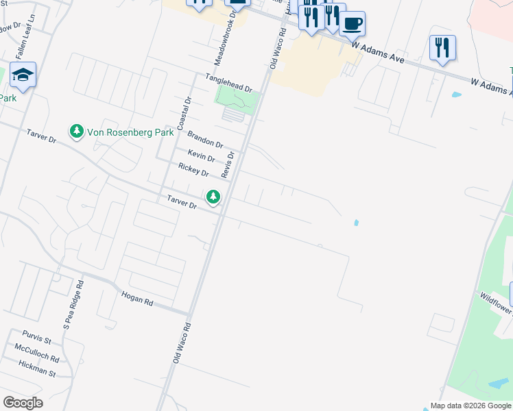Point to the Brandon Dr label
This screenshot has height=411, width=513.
tap(205, 140)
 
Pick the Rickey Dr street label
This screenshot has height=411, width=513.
tap(193, 169)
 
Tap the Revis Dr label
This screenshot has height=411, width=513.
tap(230, 164)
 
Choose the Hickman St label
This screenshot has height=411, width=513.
tap(37, 369)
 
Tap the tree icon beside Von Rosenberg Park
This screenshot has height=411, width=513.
tap(76, 130)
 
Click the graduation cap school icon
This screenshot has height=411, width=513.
tap(23, 75)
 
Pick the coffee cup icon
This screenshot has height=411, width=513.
tap(352, 24)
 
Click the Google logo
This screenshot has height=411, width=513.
tap(23, 403)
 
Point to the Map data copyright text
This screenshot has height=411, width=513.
tap(470, 406)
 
